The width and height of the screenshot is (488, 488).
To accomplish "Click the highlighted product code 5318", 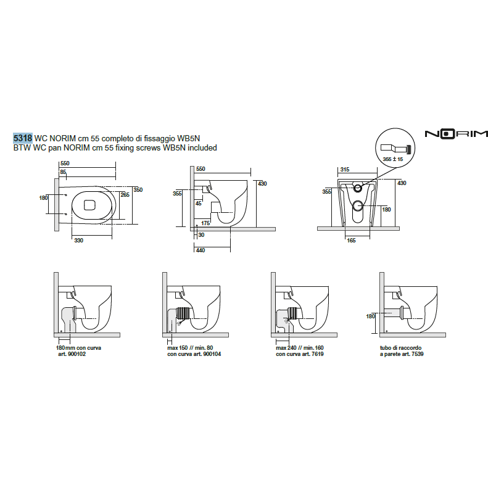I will point(23,139).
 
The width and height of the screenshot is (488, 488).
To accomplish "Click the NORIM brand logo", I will point(456,133).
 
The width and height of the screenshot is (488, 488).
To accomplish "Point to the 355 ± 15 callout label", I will point(392,159).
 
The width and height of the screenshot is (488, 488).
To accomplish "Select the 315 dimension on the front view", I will point(345,168).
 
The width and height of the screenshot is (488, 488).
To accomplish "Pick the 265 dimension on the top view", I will point(125,195).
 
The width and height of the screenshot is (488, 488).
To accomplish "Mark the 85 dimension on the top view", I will point(63,172).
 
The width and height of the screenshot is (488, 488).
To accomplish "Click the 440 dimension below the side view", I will point(200,250).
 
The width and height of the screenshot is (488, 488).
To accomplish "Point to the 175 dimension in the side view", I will point(205,223).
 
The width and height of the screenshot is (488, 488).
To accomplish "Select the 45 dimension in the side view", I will point(198,202).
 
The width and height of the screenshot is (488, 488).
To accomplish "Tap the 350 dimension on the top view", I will point(138,190).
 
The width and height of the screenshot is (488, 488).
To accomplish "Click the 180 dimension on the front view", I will point(386,210).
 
